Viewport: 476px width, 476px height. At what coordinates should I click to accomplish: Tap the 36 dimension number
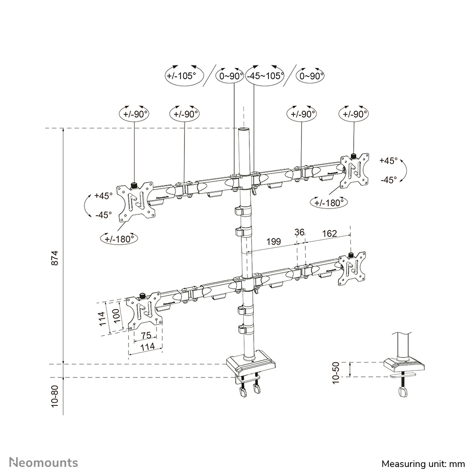coord(299,232)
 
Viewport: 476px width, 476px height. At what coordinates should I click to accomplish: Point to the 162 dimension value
coord(329,233)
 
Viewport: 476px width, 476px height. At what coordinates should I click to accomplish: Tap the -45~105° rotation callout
coord(265,75)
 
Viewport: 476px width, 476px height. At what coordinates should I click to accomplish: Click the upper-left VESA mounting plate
coord(135,201)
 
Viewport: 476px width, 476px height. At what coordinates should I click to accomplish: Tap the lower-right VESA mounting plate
coord(352,269)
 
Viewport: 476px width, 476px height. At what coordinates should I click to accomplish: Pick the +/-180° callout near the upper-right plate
coord(329,202)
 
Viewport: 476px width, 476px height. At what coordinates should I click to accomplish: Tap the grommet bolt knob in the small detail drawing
coord(403,392)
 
